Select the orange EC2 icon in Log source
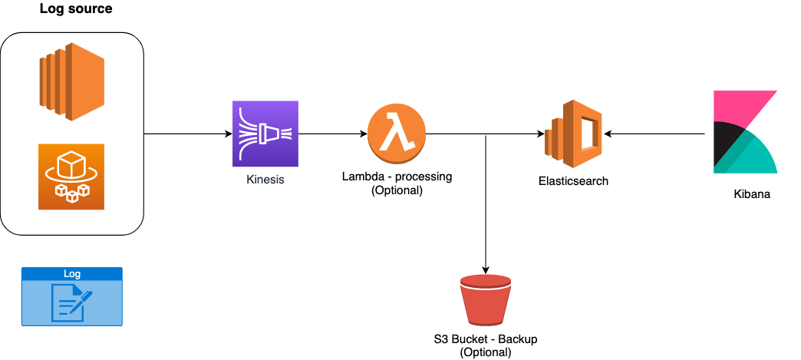71,83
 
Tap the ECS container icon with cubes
71,177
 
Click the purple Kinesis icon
265,134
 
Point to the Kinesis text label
265,181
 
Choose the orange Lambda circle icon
396,134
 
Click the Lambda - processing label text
397,177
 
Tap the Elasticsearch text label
574,181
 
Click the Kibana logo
745,131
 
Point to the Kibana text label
751,194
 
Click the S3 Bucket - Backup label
485,339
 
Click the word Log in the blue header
71,273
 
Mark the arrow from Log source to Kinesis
188,134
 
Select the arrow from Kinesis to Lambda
331,134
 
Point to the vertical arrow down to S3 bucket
486,207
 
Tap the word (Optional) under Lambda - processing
397,190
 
